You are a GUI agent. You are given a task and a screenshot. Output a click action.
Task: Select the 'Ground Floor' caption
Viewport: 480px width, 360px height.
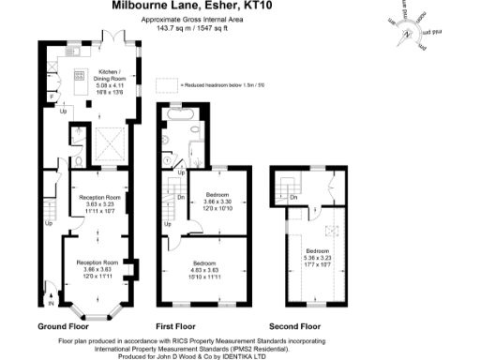[64, 326]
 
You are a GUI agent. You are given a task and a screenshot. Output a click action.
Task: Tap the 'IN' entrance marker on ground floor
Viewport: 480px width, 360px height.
[50, 303]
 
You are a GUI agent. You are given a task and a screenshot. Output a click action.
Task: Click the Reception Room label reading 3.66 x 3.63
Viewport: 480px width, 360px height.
[98, 269]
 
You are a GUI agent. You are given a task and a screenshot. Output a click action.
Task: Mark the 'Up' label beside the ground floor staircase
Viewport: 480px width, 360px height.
[48, 223]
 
